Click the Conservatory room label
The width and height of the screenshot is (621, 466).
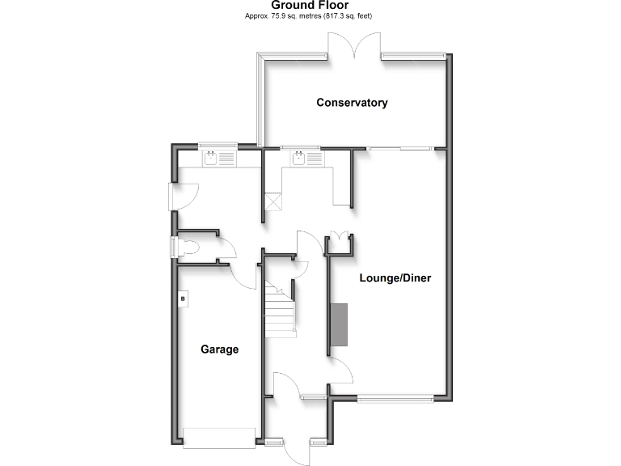coord(352,103)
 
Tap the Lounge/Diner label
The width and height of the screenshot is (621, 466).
coord(395,278)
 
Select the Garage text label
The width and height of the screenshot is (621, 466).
coord(219,349)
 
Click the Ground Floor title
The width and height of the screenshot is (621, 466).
coord(310,6)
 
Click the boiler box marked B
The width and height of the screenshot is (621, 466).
coord(184,299)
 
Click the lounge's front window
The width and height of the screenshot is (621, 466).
coord(396,397)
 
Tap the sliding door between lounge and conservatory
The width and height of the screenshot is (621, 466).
coord(400,148)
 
